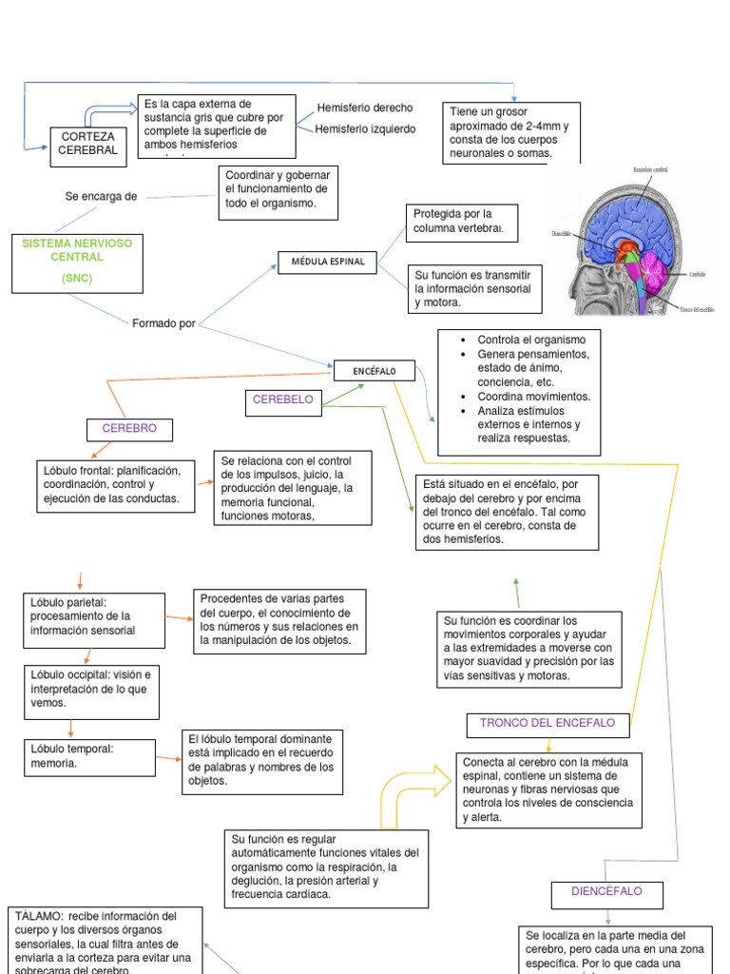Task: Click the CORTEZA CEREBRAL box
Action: point(87,144)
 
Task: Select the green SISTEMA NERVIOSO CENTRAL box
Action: point(77,261)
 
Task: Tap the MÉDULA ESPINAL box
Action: point(328,262)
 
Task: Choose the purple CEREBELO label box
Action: point(283,400)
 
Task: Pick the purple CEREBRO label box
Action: point(129,430)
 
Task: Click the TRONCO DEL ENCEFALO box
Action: point(547,724)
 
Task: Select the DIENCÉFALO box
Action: point(606,892)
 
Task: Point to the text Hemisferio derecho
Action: point(365,108)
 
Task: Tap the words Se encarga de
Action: point(101,196)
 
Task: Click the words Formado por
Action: point(163,323)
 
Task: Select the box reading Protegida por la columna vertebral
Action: point(461,222)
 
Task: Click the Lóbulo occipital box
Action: point(89,688)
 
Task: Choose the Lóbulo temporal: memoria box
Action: point(89,755)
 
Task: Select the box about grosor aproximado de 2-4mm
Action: point(509,133)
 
